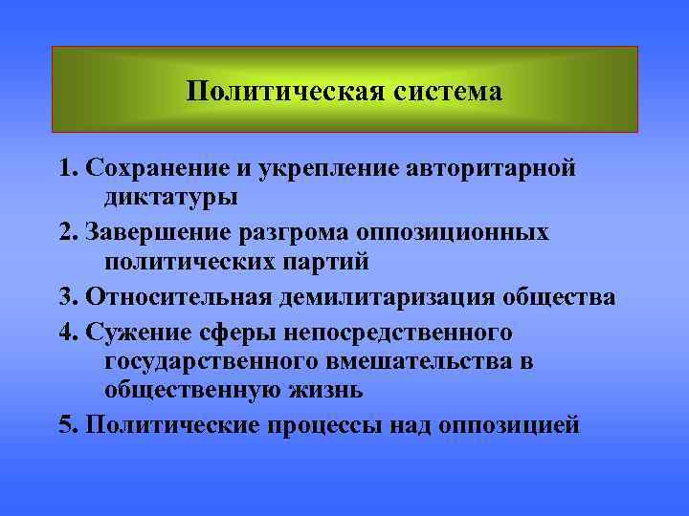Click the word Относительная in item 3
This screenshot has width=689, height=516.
[179, 297]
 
